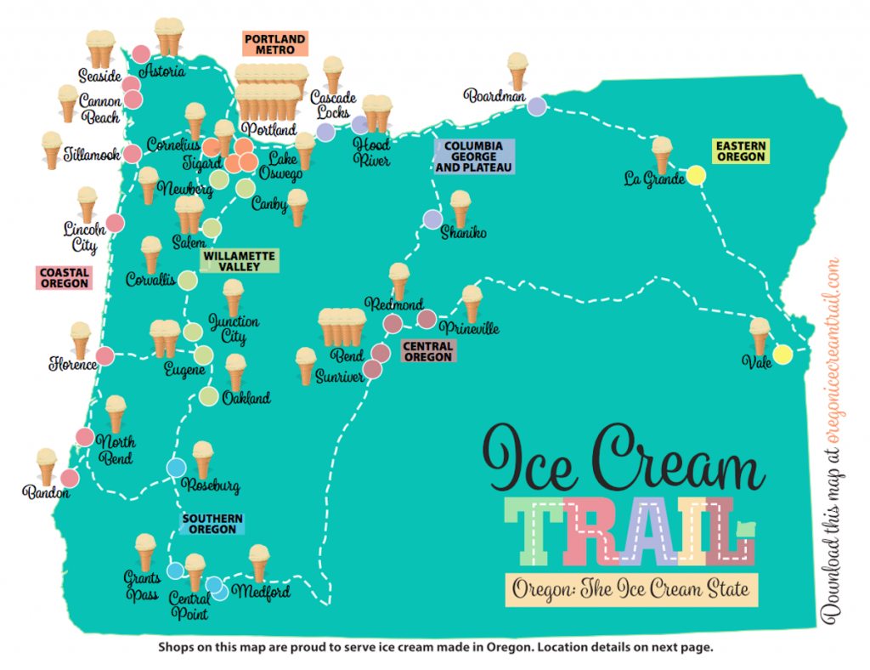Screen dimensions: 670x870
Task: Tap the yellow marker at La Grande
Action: coord(696,176)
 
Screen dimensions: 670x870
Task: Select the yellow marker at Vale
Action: coord(782,354)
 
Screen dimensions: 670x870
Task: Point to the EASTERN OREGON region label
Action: coord(741,152)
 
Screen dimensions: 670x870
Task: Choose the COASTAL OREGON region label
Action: coord(64,278)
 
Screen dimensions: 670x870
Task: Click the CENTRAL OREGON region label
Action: coord(427,351)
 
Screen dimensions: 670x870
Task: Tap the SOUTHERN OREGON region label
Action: coord(212,524)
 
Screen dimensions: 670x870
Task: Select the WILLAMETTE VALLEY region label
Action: coord(240,261)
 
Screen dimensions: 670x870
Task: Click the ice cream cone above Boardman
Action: coord(517,71)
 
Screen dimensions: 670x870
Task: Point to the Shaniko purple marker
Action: coord(432,219)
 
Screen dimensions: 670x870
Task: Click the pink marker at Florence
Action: coord(105,356)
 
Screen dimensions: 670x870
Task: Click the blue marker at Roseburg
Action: coord(176,468)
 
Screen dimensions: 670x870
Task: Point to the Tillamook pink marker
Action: coord(132,154)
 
